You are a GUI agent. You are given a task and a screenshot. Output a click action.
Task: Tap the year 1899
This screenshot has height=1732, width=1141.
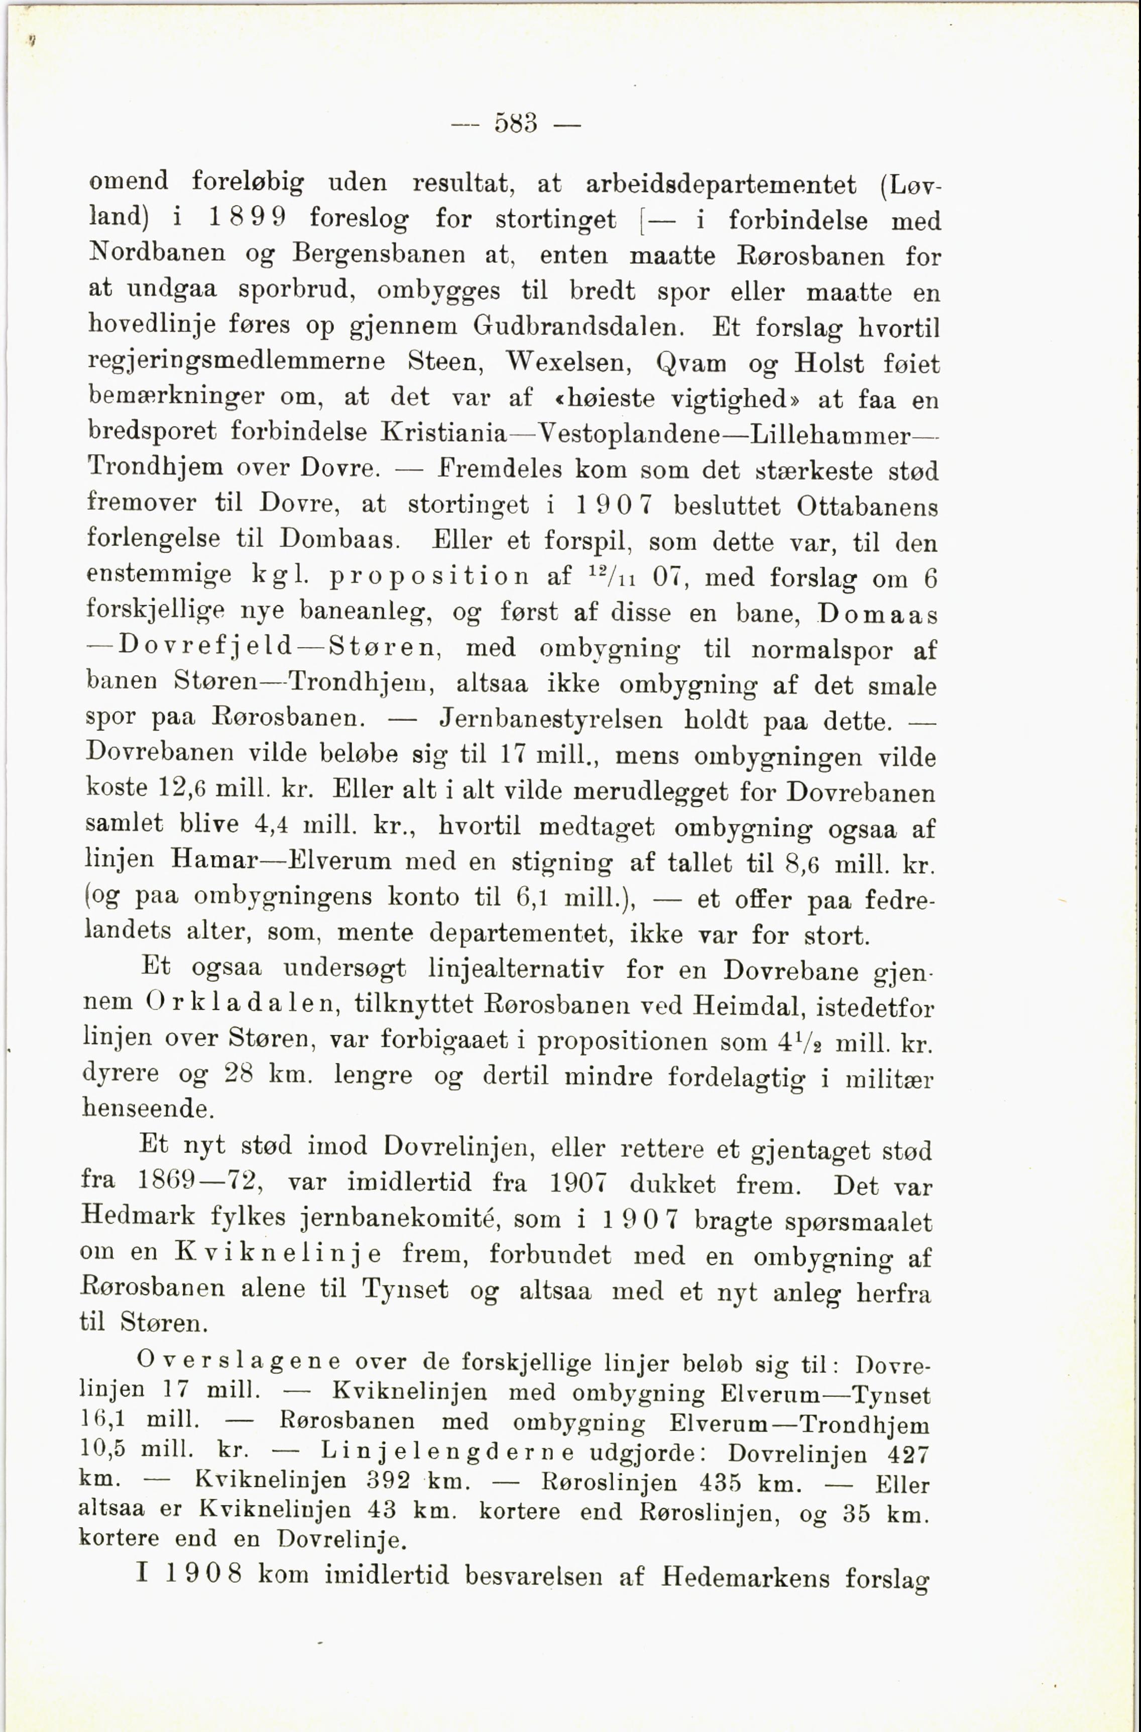pyautogui.click(x=248, y=217)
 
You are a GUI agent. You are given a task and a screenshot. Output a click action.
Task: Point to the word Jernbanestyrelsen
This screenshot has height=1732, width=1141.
pyautogui.click(x=551, y=720)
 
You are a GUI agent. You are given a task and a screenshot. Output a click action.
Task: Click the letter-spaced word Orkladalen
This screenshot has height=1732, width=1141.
pyautogui.click(x=240, y=1004)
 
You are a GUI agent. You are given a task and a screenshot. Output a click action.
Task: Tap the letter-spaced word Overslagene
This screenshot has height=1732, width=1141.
pyautogui.click(x=239, y=1361)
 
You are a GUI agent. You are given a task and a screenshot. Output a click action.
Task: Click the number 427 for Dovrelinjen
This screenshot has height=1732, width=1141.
pyautogui.click(x=908, y=1454)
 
